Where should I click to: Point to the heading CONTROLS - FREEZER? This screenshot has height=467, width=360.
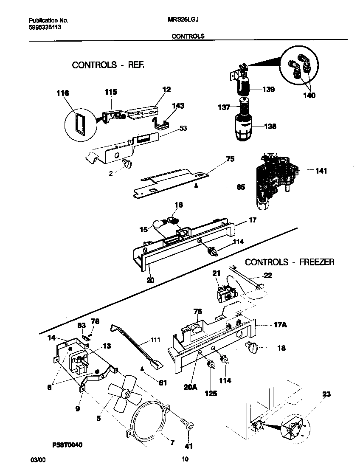coord(290,262)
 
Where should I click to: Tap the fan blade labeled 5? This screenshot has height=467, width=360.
coord(125,395)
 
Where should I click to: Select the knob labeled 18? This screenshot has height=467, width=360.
coord(252,349)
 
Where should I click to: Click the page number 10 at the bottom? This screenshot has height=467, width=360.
coord(185,459)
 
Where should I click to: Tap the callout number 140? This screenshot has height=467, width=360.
coord(309,96)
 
